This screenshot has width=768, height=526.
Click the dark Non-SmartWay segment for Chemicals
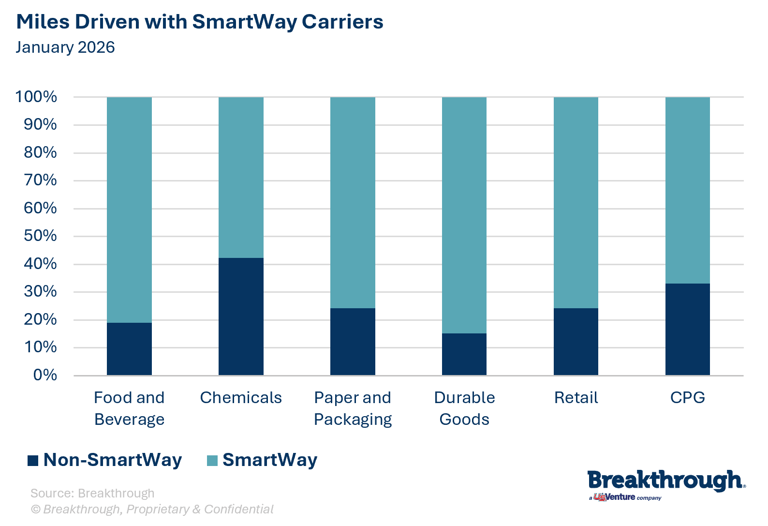(241, 316)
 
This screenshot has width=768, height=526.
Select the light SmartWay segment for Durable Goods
(464, 215)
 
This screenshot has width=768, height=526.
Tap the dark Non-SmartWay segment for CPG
(687, 329)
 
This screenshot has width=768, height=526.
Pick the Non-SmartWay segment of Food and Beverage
(129, 349)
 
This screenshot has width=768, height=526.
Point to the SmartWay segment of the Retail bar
(576, 202)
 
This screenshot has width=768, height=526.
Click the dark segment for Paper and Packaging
(353, 342)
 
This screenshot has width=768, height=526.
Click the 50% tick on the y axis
(40, 236)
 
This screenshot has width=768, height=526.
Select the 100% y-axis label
(36, 97)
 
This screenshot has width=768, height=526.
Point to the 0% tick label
(45, 375)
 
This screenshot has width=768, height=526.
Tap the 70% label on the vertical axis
(40, 180)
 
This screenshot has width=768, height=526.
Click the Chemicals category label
(241, 398)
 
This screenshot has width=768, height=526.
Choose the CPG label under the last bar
(687, 398)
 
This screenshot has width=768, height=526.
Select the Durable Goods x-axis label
(464, 408)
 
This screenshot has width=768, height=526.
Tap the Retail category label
(576, 398)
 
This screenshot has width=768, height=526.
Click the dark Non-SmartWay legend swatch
(33, 460)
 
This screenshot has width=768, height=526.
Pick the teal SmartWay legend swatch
(212, 460)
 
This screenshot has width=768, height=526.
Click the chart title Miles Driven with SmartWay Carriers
(200, 22)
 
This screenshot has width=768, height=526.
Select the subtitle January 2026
(65, 47)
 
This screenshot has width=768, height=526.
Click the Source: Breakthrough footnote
(92, 493)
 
